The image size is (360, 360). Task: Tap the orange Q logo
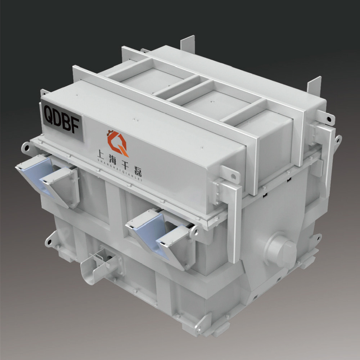pyautogui.click(x=117, y=143)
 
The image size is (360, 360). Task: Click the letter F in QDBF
pyautogui.click(x=76, y=126)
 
